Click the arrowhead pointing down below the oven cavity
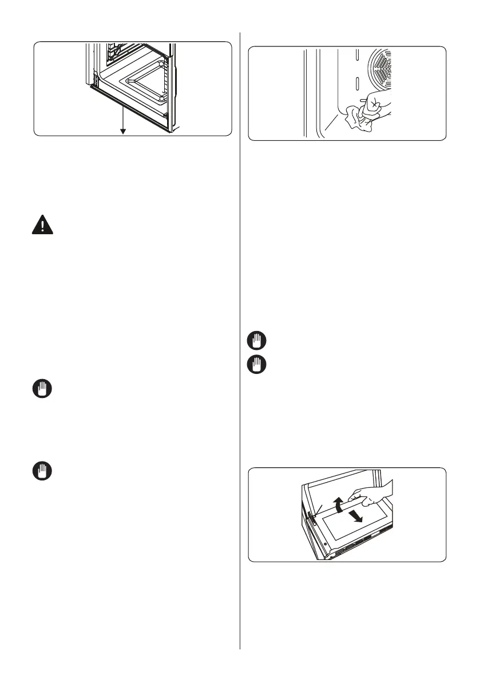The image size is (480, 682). click(122, 132)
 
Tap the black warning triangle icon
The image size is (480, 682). click(41, 224)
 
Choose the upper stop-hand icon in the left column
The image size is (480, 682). click(41, 391)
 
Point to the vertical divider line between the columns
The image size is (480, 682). click(240, 344)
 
